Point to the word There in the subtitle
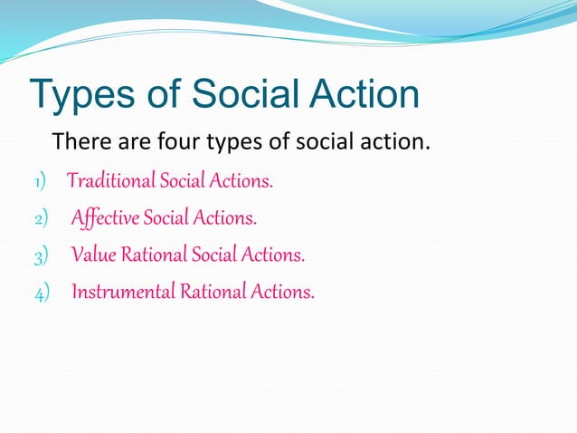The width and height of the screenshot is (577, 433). (x=80, y=143)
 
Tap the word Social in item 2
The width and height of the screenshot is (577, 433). (x=169, y=218)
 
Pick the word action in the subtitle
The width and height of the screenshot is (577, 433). (x=393, y=143)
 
